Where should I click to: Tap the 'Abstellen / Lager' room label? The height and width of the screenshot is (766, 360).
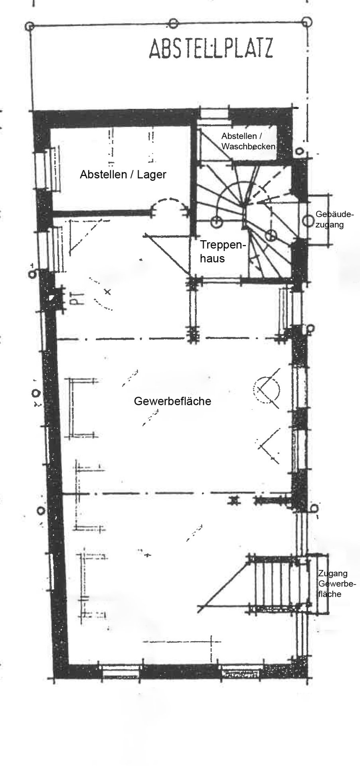123,174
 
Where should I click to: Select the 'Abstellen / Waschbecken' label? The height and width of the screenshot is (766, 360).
248,141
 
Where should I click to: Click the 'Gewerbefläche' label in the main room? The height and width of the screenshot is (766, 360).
172,401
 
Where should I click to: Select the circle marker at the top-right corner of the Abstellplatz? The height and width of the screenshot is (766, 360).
307,22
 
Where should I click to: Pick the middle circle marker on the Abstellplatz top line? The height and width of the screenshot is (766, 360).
173,24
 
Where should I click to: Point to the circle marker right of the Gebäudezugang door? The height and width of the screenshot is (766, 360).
308,220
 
